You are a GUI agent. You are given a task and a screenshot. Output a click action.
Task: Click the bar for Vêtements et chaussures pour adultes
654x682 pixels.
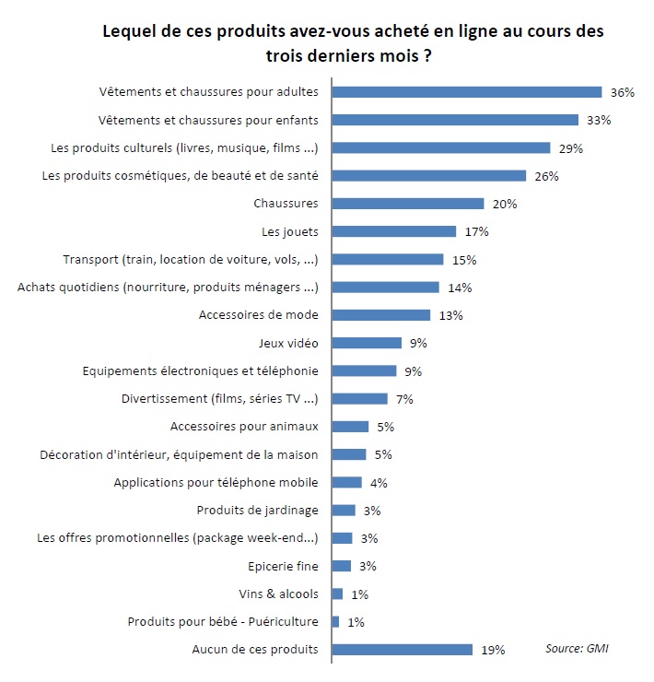466,91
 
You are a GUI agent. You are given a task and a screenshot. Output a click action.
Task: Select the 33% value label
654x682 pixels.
599,120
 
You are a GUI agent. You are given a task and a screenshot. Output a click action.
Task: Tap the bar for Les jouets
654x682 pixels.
393,231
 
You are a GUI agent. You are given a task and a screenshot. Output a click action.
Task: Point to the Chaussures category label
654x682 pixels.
286,204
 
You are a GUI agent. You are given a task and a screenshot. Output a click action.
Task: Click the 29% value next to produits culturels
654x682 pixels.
570,148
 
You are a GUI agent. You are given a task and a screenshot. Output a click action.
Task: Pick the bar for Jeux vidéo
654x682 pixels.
367,343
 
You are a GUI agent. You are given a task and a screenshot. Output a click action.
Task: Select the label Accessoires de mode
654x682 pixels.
259,315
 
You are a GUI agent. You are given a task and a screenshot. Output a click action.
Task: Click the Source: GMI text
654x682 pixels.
577,648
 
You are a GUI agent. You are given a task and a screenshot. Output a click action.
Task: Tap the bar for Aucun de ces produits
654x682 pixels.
402,650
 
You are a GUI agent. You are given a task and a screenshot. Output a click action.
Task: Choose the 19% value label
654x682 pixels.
493,650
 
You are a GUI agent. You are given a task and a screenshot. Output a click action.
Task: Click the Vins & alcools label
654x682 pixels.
279,594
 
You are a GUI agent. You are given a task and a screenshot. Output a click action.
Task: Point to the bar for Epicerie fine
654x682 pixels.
342,566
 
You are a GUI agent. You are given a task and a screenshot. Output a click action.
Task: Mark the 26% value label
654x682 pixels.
547,176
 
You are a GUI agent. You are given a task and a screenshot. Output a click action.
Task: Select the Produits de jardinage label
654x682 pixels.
258,511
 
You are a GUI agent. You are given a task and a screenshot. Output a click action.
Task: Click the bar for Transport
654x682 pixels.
388,259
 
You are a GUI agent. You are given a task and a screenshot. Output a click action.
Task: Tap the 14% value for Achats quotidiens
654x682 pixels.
460,288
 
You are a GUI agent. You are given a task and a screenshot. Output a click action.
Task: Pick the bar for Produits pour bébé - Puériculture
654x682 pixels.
335,622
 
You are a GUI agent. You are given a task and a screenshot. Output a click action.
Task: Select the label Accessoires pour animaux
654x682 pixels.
245,427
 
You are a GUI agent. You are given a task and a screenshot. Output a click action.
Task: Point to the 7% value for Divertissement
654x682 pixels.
404,399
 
